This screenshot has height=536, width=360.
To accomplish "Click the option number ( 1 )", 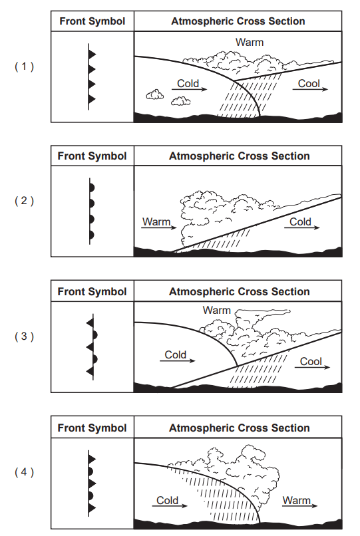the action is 25,67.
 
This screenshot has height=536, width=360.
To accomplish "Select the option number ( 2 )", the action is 25,201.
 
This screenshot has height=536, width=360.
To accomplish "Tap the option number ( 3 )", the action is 25,336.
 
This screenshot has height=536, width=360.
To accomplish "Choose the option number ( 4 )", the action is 25,472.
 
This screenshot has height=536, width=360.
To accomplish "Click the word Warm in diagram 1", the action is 250,43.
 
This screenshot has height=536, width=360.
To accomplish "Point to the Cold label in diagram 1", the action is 188,83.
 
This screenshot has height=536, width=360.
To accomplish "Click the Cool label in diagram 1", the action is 309,83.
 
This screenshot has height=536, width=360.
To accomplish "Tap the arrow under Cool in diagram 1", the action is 310,90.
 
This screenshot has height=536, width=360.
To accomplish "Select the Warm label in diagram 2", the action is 156,221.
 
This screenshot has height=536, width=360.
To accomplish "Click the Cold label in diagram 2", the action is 301,221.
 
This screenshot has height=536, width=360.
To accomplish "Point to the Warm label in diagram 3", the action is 217,310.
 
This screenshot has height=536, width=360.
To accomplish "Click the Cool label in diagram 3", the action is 311,361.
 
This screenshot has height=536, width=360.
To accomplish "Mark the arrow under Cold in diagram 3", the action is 177,360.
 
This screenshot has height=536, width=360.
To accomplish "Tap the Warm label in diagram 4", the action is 296,500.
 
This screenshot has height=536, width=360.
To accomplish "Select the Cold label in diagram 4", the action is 167,500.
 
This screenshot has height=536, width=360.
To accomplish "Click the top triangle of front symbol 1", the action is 92,55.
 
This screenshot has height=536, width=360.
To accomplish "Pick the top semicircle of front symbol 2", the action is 92,188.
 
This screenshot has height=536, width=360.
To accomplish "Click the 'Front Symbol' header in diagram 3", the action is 92,291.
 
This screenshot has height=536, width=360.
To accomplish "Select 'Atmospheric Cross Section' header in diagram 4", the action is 239,428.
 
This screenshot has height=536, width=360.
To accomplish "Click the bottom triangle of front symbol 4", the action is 92,508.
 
